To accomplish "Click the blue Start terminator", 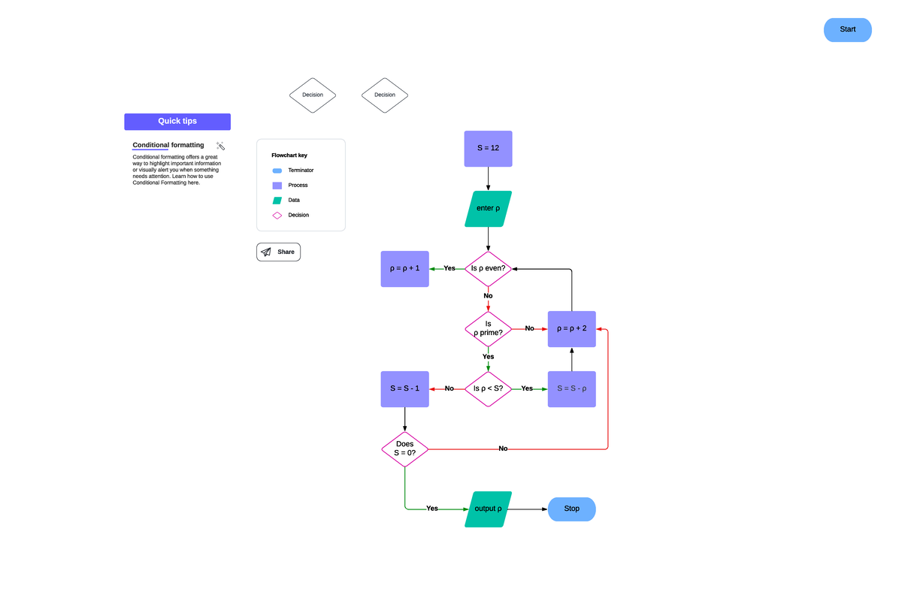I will pos(847,29).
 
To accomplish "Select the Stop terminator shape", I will pos(571,509).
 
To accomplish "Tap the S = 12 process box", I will pos(488,148).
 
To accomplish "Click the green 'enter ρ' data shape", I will pos(488,208).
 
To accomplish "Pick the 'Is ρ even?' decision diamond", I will pos(488,268).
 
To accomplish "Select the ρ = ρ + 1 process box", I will pos(404,268).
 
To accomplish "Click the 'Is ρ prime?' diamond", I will pos(488,328).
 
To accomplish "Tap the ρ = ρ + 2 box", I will pos(571,328).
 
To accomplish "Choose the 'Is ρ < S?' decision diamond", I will pos(488,388).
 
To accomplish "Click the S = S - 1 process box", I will pos(404,388).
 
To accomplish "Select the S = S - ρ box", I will pos(571,388).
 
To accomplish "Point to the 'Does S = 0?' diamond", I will pos(404,448).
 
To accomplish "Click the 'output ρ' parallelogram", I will pos(488,509).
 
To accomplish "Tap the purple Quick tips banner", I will pos(177,121).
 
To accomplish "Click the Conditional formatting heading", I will pos(168,145).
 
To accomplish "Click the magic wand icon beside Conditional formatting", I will pos(220,146).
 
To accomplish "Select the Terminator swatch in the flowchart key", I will pos(277,171).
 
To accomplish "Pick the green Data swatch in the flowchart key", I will pos(277,201).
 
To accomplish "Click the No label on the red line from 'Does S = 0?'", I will pos(503,448).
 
